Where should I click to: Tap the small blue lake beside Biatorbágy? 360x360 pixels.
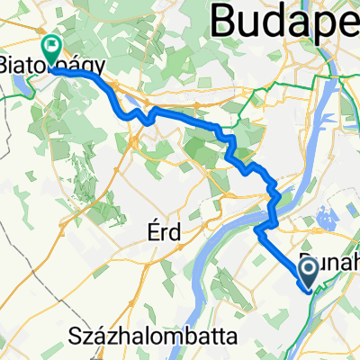click(x=16, y=85)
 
